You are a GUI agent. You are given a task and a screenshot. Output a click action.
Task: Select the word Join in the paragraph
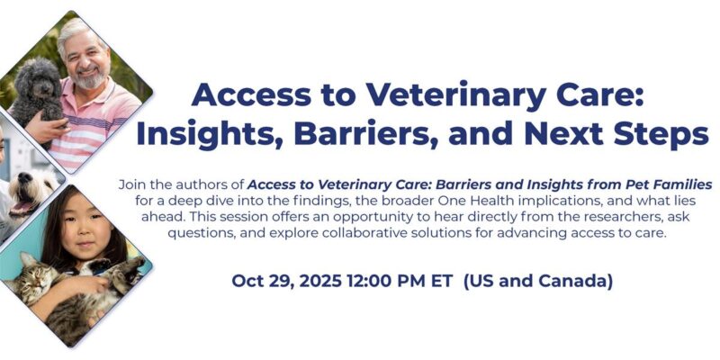(x=134, y=184)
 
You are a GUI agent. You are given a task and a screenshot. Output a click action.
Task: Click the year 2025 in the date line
(x=304, y=281)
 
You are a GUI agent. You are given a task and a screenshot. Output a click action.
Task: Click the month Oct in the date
(x=247, y=281)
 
